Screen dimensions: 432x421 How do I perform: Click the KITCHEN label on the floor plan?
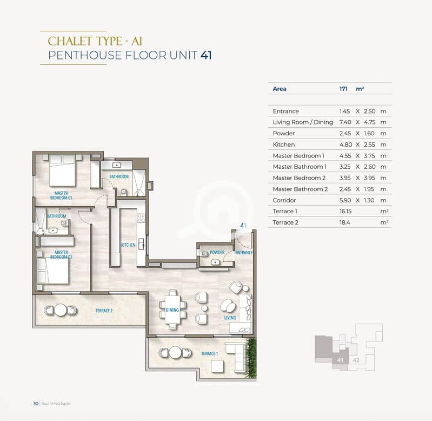(x=128, y=245)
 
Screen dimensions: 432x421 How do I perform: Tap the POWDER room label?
(x=217, y=252)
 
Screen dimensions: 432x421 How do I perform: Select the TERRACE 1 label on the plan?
(x=209, y=353)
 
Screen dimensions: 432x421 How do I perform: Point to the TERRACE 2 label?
(x=104, y=311)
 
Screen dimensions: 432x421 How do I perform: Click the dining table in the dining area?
(x=172, y=310)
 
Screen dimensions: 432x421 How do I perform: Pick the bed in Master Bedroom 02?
(x=53, y=271)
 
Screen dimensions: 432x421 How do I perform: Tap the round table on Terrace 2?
(x=61, y=310)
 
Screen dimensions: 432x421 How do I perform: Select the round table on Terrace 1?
(x=175, y=352)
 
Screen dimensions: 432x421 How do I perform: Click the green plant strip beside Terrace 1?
(x=251, y=358)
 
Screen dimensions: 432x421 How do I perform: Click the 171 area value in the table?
(x=343, y=89)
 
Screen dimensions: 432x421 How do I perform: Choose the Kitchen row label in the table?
(x=283, y=144)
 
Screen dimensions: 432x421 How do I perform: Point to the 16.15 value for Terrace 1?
(x=345, y=211)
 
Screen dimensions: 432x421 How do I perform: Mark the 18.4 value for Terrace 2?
(x=344, y=222)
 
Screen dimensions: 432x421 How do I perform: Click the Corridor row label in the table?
(x=284, y=200)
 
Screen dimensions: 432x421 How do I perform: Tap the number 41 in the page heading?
(x=206, y=55)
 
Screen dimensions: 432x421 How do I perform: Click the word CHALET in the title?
(x=69, y=41)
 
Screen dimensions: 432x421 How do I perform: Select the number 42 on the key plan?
(x=356, y=360)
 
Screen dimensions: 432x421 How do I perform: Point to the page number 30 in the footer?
(x=36, y=404)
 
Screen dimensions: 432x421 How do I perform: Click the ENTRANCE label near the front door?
(x=244, y=253)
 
